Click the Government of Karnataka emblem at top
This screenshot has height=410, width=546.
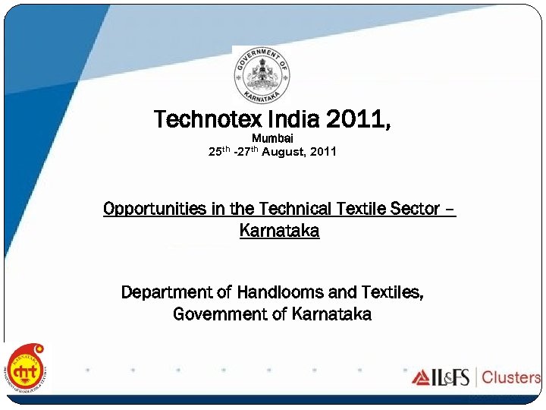261,74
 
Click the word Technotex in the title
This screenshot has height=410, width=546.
199,120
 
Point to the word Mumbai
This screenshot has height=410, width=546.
272,138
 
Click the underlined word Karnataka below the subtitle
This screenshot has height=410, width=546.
279,231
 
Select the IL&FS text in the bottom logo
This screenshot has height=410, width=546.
453,377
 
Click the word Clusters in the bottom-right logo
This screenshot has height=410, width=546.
511,377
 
